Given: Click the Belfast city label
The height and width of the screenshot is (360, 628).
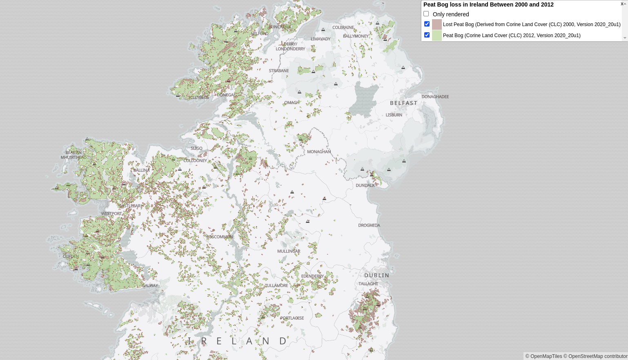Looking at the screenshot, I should [403, 103].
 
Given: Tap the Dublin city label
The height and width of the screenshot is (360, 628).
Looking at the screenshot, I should [376, 276].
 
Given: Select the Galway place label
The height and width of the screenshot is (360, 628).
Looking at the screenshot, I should [150, 286].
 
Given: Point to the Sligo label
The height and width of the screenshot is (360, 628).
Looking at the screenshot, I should [196, 148].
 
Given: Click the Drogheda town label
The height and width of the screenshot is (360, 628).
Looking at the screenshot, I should [369, 225].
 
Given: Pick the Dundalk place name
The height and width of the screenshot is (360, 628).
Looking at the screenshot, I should [365, 185].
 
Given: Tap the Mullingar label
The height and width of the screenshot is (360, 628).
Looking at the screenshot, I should [289, 251].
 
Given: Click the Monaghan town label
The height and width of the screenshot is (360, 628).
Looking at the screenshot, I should [319, 152].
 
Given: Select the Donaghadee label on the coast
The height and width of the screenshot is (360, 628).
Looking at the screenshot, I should [435, 97].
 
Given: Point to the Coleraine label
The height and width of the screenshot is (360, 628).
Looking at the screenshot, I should [343, 27].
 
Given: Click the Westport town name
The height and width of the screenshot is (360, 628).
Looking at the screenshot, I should [111, 213].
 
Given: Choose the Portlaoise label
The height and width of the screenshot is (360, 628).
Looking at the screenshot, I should [292, 318].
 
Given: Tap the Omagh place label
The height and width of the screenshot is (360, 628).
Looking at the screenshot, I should [292, 102].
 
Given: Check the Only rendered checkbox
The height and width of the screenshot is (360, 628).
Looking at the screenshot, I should [426, 14].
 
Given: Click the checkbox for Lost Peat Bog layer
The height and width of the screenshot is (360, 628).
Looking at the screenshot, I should [427, 24].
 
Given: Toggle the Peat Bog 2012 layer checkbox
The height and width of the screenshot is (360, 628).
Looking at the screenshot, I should [427, 35].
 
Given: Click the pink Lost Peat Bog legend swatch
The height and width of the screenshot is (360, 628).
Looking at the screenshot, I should [437, 24].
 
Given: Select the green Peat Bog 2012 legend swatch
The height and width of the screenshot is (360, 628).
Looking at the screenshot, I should [437, 36].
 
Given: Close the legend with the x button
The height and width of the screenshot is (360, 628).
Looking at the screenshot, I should [622, 4].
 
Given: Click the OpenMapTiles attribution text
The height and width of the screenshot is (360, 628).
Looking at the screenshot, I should [543, 356].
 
